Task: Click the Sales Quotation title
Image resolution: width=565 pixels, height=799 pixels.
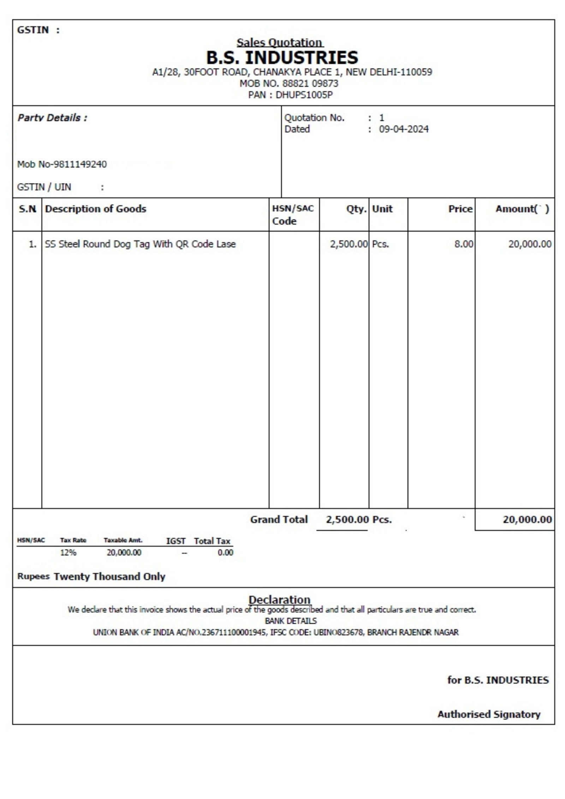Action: (x=279, y=42)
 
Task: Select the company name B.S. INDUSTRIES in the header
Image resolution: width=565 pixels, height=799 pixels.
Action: (x=282, y=58)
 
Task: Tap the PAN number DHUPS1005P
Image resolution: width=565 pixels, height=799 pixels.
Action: (x=304, y=95)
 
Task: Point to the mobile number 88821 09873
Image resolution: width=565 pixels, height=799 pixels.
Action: (x=310, y=84)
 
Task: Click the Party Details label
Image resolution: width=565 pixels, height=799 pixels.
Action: (x=52, y=118)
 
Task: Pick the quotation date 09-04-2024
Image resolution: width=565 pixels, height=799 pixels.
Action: (x=404, y=129)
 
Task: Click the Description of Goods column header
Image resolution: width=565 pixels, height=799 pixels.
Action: (x=95, y=209)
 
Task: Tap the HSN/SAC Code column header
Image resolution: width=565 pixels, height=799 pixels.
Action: (x=292, y=215)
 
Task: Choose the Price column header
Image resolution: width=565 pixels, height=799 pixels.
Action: (x=460, y=209)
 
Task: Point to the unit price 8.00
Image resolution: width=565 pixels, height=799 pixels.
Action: (x=463, y=244)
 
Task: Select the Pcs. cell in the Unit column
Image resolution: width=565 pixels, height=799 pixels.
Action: (x=380, y=244)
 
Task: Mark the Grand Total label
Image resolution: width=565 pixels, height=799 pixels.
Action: (x=279, y=520)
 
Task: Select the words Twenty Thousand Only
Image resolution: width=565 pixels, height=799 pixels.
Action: (x=109, y=577)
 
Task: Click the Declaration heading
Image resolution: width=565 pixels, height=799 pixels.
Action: (x=279, y=600)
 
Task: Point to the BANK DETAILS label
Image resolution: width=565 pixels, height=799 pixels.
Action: (x=291, y=621)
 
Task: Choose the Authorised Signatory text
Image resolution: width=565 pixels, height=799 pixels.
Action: (x=489, y=714)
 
